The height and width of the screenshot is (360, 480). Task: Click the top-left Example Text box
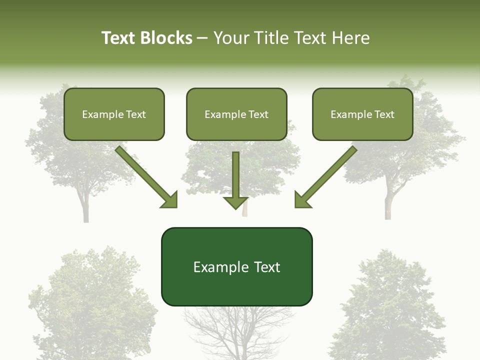coord(114,114)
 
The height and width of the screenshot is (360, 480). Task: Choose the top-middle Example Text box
coord(236,114)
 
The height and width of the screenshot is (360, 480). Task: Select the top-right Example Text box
coord(362,114)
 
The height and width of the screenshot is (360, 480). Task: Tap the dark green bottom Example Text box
coord(236,267)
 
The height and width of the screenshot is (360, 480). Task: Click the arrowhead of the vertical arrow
coord(235,202)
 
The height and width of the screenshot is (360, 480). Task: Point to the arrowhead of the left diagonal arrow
coord(170,200)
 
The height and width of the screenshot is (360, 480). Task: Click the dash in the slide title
coord(203,38)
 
